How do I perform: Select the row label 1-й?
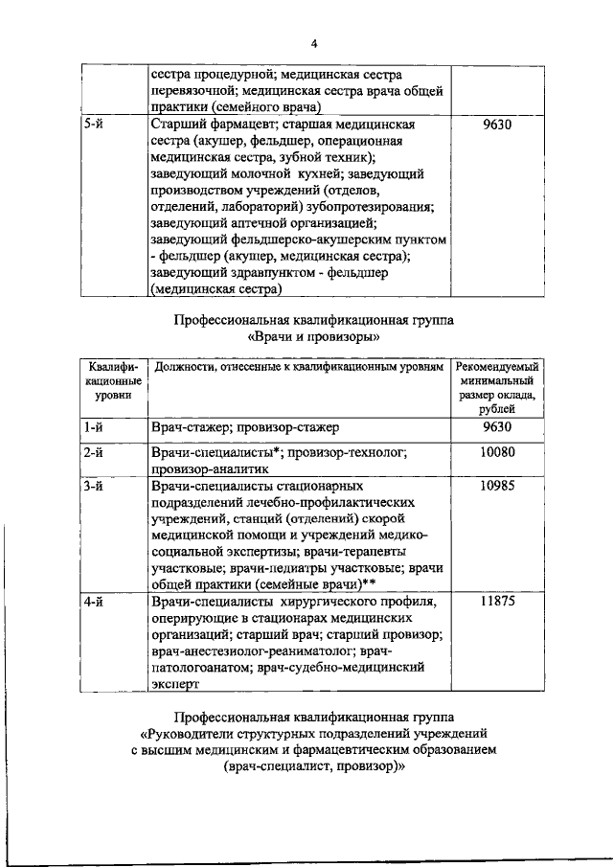(93, 426)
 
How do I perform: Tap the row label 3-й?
(93, 486)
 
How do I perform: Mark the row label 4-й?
(93, 602)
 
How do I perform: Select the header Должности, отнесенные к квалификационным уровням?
(299, 367)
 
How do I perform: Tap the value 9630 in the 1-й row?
(497, 426)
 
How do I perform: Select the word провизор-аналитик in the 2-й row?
(210, 469)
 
